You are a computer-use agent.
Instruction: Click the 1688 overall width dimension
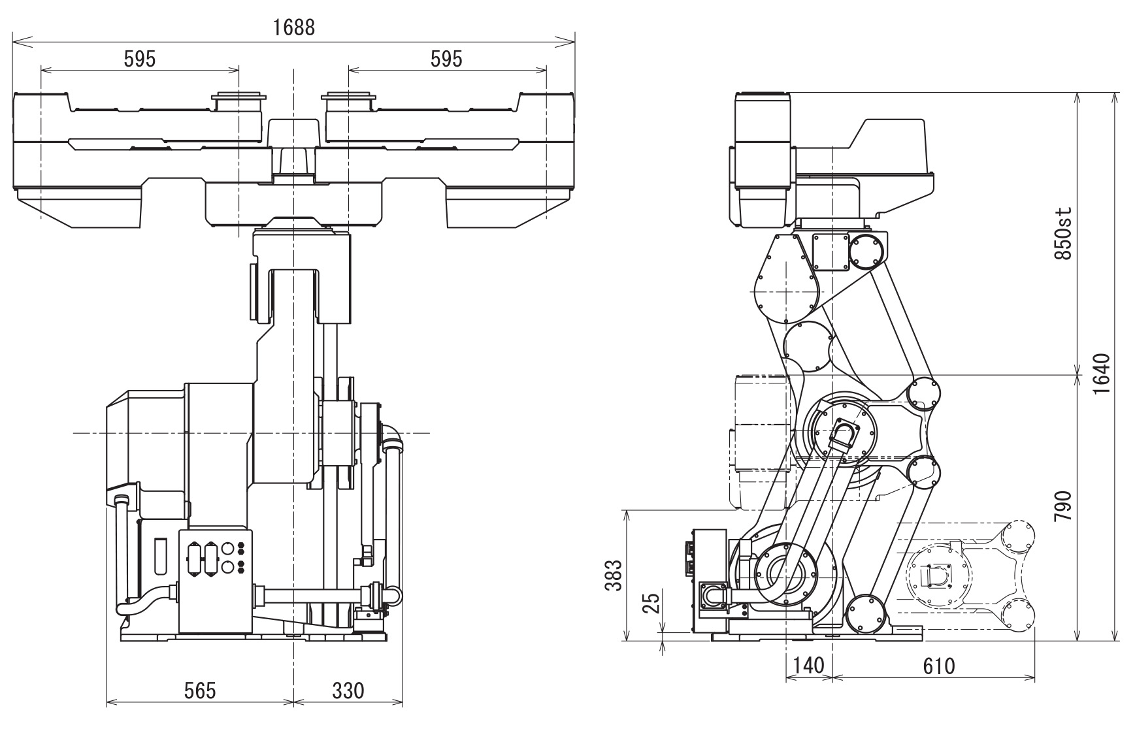point(294,27)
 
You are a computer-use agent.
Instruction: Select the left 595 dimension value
point(140,59)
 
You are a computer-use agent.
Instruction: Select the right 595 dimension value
point(446,59)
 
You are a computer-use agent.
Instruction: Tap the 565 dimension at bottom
point(200,690)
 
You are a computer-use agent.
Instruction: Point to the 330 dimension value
point(348,690)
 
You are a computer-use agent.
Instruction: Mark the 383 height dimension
point(612,575)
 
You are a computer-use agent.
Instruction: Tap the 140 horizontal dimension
point(808,666)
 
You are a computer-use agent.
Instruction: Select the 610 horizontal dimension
point(938,666)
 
